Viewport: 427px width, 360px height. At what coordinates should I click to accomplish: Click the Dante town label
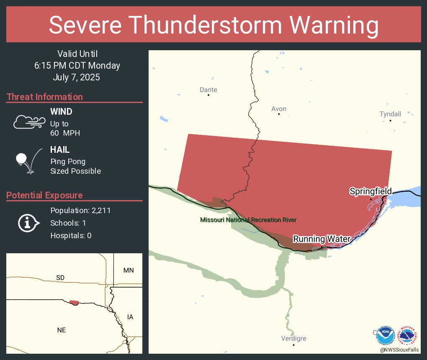(x=208, y=90)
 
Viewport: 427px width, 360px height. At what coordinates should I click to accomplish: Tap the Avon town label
(x=279, y=109)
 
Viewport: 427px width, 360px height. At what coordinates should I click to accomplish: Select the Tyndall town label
(x=390, y=114)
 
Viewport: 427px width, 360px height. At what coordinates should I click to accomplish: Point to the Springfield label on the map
(x=370, y=191)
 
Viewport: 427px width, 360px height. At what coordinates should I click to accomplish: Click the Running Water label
(x=321, y=239)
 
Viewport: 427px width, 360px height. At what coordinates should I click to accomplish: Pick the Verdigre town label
(x=293, y=338)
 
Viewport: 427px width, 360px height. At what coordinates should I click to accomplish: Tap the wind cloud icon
(x=29, y=121)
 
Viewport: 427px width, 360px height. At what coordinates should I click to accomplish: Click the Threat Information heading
(x=45, y=97)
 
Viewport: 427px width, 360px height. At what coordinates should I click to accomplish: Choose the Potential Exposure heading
(x=44, y=195)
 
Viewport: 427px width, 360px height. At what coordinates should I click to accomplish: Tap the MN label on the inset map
(x=129, y=270)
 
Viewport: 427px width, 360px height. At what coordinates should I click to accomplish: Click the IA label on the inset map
(x=130, y=317)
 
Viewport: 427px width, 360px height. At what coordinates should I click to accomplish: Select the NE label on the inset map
(x=62, y=330)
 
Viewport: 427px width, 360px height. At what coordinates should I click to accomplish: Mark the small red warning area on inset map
(x=74, y=303)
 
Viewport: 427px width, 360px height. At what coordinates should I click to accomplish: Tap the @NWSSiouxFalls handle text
(x=399, y=350)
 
